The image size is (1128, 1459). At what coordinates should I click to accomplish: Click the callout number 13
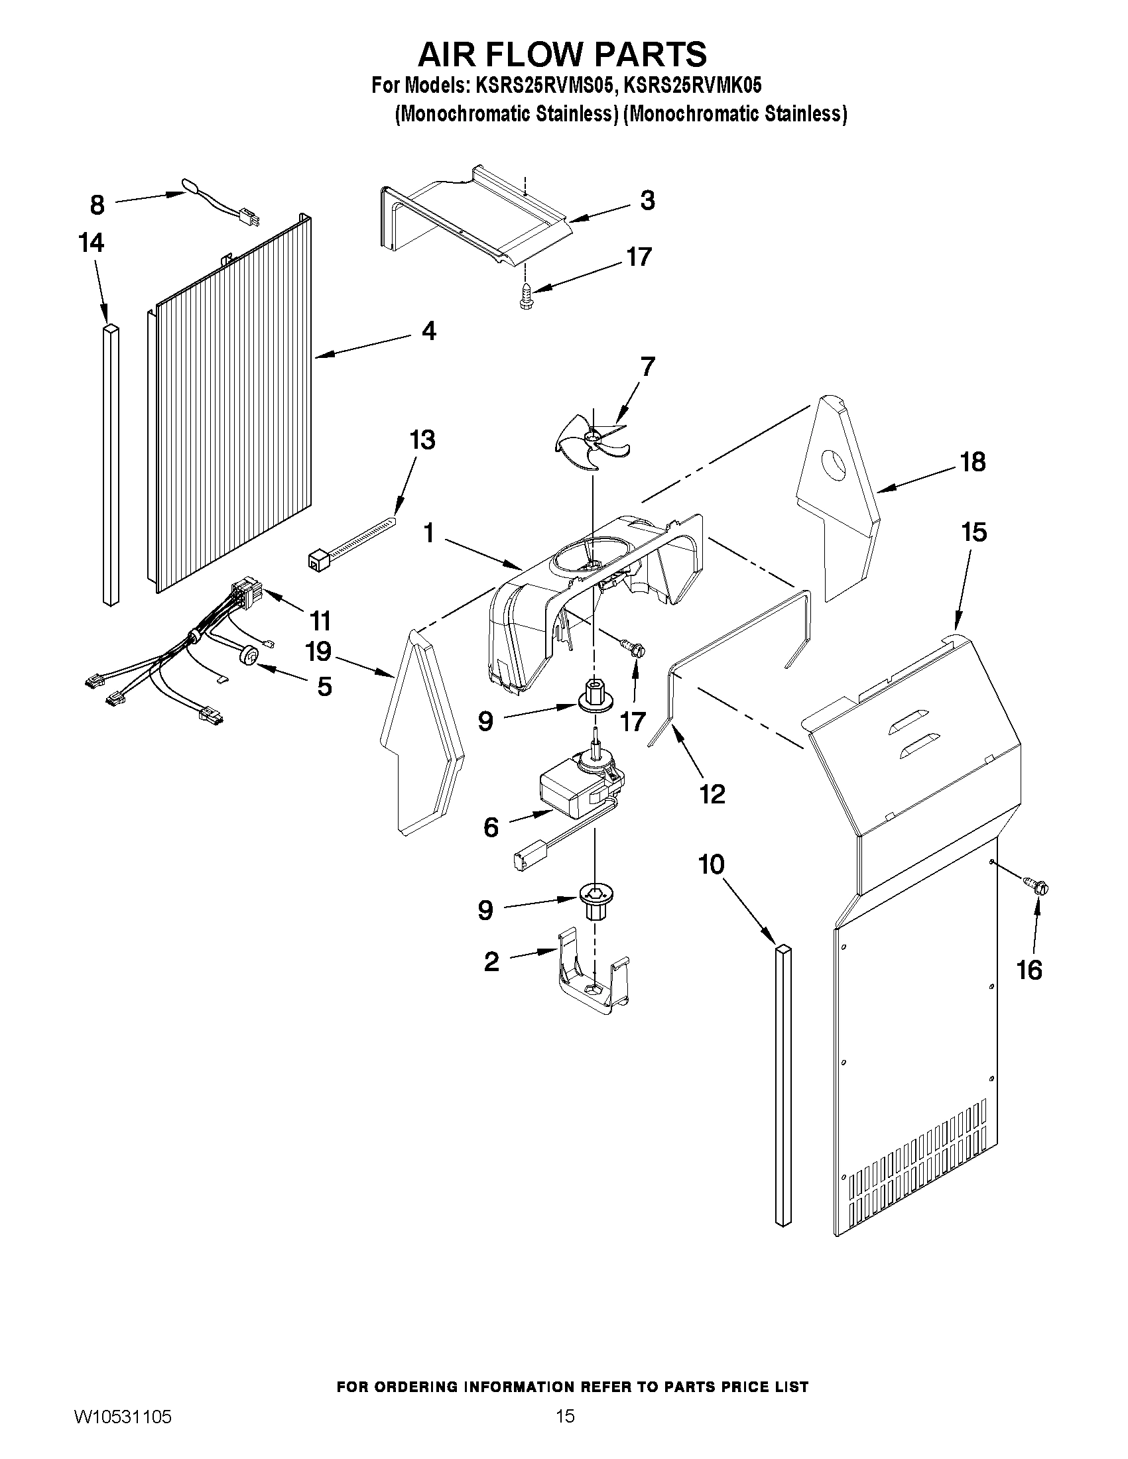422,440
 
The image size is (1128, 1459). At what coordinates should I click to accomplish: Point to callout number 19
318,652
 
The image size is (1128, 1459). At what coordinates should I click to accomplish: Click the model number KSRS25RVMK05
692,86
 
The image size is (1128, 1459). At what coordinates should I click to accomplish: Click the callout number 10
711,864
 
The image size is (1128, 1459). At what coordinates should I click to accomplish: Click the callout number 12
712,793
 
